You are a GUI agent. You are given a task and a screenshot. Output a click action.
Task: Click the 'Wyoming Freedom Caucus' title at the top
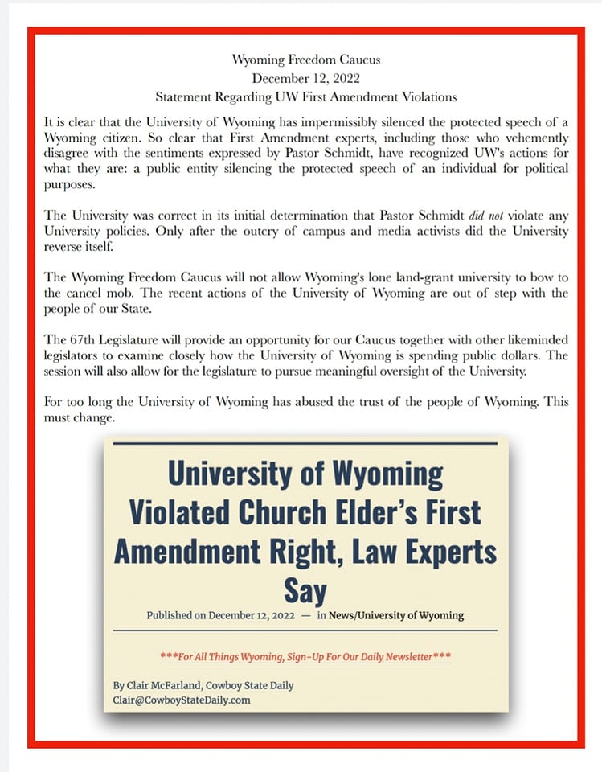[x=305, y=60]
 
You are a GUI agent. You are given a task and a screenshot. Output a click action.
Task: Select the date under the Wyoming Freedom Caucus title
[x=305, y=78]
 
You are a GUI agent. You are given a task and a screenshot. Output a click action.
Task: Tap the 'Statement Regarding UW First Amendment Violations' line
[x=306, y=97]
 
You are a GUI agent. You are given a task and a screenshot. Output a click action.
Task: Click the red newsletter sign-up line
[x=305, y=656]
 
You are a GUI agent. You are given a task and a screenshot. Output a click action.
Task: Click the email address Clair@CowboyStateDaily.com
[x=182, y=700]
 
